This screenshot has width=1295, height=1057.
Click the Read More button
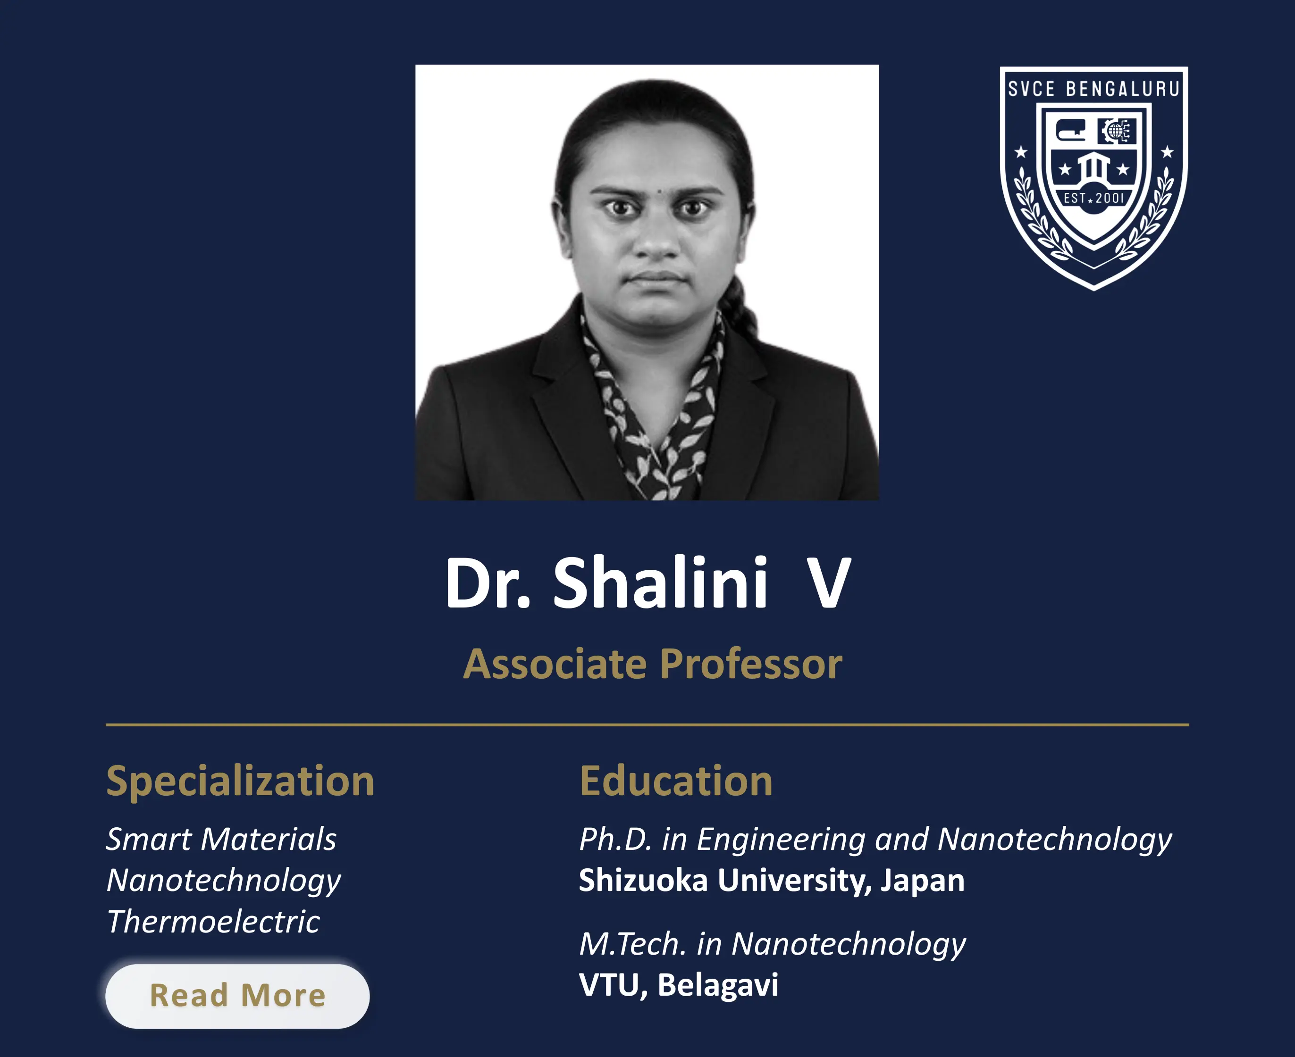pyautogui.click(x=237, y=996)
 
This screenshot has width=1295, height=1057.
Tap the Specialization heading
pyautogui.click(x=240, y=781)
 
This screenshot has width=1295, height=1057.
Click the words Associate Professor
pyautogui.click(x=652, y=664)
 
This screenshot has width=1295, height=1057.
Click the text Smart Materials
pyautogui.click(x=221, y=839)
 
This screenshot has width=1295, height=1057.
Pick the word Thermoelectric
pyautogui.click(x=213, y=921)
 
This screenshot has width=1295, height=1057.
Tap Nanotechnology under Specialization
pyautogui.click(x=224, y=881)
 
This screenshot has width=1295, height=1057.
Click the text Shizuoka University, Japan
pyautogui.click(x=771, y=881)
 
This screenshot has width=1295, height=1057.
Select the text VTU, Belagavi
pyautogui.click(x=678, y=984)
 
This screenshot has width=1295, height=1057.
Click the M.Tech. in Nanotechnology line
pyautogui.click(x=772, y=944)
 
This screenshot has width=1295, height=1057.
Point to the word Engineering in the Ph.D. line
pyautogui.click(x=781, y=839)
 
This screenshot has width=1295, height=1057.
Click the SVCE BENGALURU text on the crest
pyautogui.click(x=1093, y=89)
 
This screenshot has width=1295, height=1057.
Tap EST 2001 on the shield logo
pyautogui.click(x=1093, y=198)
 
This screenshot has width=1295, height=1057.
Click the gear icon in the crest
pyautogui.click(x=1116, y=130)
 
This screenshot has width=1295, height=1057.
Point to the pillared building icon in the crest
pyautogui.click(x=1093, y=167)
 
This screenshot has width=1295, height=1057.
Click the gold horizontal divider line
pyautogui.click(x=647, y=724)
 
